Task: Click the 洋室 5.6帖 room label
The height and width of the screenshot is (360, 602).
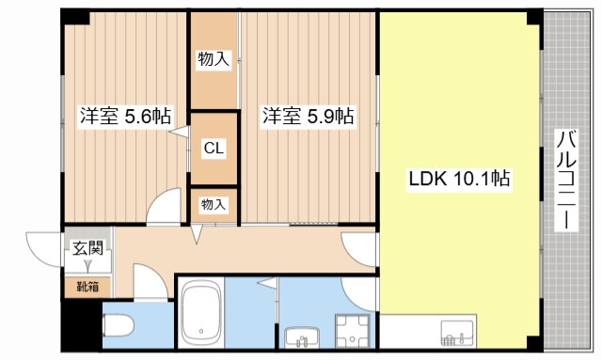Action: coord(124,117)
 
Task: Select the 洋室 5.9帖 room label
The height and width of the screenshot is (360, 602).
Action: coord(307,117)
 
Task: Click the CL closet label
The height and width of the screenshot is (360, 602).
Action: coord(214,149)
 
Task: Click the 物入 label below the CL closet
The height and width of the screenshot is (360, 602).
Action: coord(214,203)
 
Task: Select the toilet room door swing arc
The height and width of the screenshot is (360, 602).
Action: coord(150,281)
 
